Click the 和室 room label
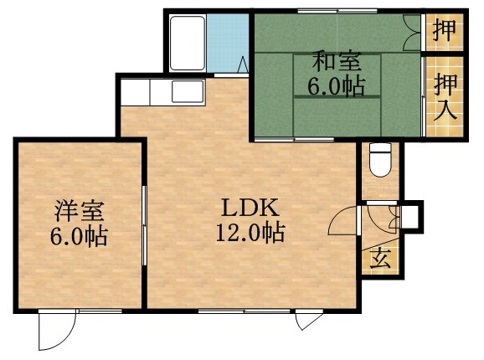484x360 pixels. [x=336, y=62]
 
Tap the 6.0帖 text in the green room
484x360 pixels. [x=336, y=85]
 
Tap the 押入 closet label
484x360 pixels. [x=445, y=96]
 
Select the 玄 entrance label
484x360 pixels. [x=381, y=257]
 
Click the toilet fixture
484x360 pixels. [x=380, y=159]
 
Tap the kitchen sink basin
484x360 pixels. [x=184, y=90]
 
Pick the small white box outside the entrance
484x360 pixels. [x=410, y=216]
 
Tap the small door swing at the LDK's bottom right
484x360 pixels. [x=307, y=321]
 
